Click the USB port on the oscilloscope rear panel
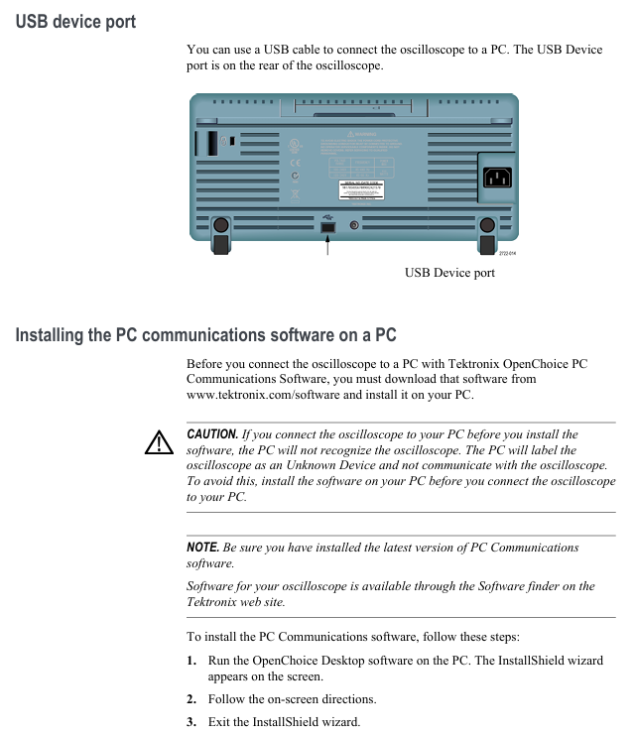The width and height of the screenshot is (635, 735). pos(327,227)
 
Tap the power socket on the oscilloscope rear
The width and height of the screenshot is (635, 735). pos(497,178)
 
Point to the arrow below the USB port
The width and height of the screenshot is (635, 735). pos(327,246)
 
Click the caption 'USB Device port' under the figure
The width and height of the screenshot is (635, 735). pos(448,273)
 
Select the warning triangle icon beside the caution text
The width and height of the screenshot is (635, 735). pos(158,442)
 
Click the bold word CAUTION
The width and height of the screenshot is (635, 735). pos(212,434)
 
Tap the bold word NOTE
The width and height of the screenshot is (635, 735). pos(203,548)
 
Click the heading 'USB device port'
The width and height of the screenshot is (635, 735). pos(75,21)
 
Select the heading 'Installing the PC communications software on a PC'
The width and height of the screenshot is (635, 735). pos(205,334)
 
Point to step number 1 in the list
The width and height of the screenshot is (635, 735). pos(191,661)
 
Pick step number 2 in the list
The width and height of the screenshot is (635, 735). pos(191,699)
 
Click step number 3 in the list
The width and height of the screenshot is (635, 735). pos(191,721)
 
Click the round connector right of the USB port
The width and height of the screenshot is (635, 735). pos(354,226)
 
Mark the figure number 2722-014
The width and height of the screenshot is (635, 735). pos(507,253)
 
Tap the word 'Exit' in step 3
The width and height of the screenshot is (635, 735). pos(219,721)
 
